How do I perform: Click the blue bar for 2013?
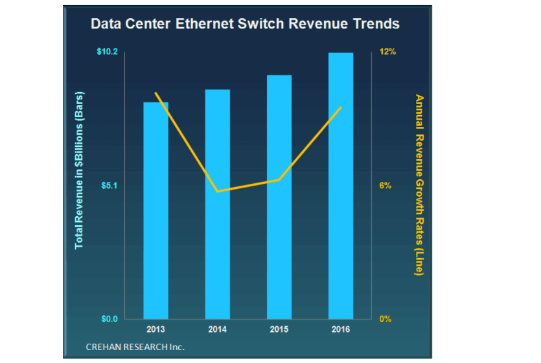tap(155, 210)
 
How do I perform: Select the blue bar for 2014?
tap(218, 204)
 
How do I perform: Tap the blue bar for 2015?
tap(279, 197)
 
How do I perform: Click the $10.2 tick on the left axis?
tap(107, 51)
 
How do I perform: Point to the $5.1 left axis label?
tap(108, 186)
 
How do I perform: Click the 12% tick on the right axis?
tap(387, 51)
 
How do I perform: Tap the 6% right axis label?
tap(386, 186)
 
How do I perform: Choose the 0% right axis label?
tap(386, 319)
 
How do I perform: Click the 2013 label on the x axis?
tap(155, 329)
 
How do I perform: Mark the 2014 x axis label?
tap(218, 329)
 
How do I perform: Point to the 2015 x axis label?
tap(279, 329)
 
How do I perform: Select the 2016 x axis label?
tap(341, 329)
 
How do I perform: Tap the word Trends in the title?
tap(374, 25)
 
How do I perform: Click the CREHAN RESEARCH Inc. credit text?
tap(135, 347)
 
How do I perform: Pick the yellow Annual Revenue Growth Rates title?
tap(419, 185)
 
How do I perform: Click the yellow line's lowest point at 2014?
tap(218, 192)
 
